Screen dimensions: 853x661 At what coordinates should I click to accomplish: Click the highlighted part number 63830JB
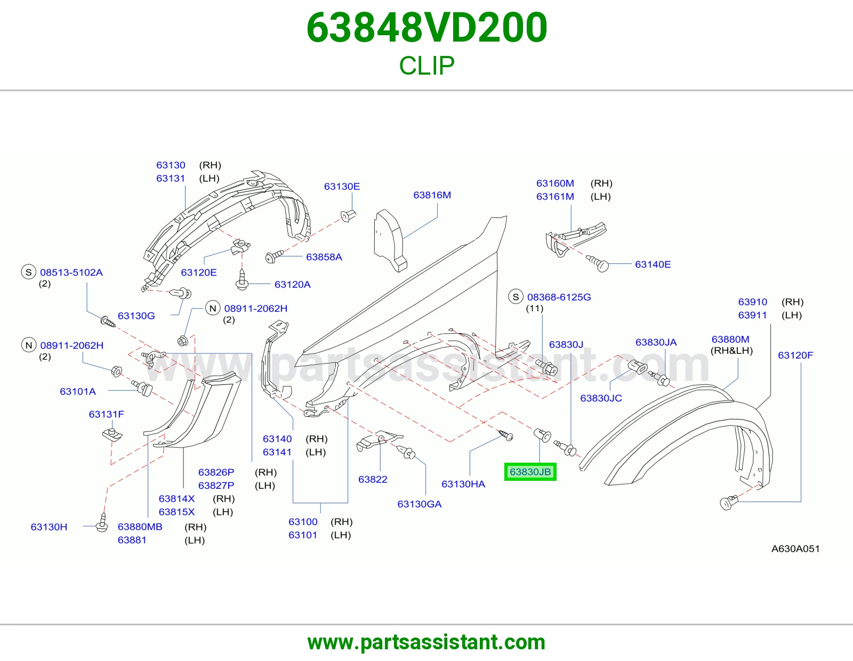coord(530,472)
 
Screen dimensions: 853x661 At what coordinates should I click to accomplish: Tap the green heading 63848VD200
coord(426,27)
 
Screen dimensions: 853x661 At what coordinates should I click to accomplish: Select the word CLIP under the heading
coord(426,65)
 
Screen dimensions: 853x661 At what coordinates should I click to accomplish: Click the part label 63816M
coord(432,195)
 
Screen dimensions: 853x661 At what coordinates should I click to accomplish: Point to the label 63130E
coord(342,187)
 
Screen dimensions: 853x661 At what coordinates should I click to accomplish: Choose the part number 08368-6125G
coord(559,297)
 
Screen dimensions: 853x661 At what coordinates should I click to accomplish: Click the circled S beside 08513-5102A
coord(29,272)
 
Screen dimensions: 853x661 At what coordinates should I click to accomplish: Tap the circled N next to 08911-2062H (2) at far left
coord(29,345)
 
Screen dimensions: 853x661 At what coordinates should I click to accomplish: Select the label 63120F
coord(795,355)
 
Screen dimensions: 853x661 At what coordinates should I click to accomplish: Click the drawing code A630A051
coord(795,549)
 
